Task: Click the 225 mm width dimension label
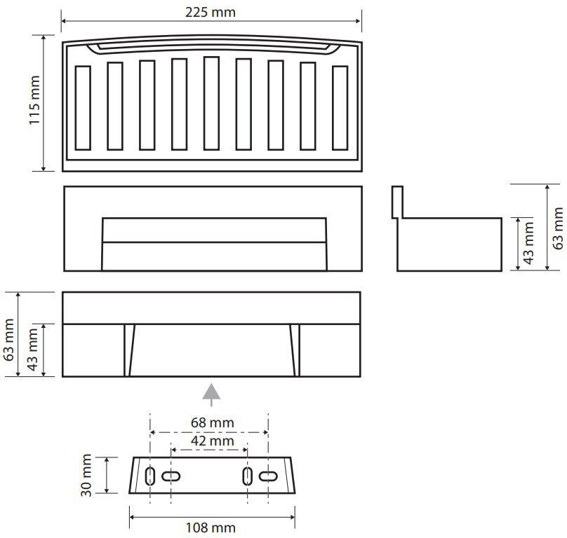[x=211, y=13]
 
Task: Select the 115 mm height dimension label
[x=34, y=100]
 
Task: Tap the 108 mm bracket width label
[x=211, y=528]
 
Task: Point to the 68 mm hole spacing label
[x=212, y=422]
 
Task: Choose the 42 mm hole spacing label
[x=212, y=441]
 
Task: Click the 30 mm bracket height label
[x=86, y=475]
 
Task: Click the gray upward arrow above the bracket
[x=211, y=394]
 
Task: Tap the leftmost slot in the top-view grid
[x=83, y=108]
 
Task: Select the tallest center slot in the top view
[x=211, y=103]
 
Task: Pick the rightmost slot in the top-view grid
[x=340, y=108]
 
